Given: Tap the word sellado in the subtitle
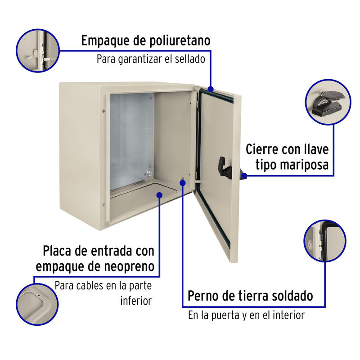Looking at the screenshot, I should coord(189,59).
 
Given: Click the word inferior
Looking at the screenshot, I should coord(135,301).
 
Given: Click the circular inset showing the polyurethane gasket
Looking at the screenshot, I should coord(38,50).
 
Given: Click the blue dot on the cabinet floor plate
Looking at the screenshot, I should coord(160,194).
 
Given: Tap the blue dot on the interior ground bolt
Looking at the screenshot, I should coord(183,182).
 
